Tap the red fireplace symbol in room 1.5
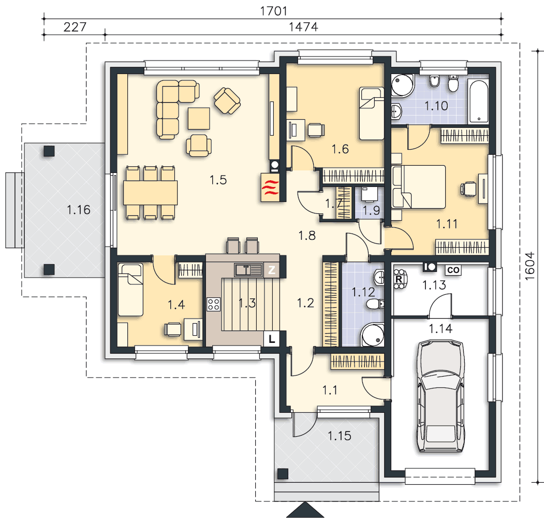click(270, 187)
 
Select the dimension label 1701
click(274, 11)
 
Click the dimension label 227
click(75, 27)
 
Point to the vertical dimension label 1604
click(530, 266)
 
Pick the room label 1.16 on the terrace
click(78, 210)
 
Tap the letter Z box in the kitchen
click(272, 269)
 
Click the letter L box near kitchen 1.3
click(272, 338)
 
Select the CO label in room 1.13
click(453, 270)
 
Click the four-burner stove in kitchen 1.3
click(214, 304)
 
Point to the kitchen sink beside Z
click(248, 270)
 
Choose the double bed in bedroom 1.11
click(418, 187)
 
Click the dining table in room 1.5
click(150, 192)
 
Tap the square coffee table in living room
click(199, 119)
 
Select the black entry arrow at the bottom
click(305, 510)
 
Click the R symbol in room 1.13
click(399, 279)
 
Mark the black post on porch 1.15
click(283, 473)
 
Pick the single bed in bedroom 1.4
click(130, 290)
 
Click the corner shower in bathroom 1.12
click(372, 335)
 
